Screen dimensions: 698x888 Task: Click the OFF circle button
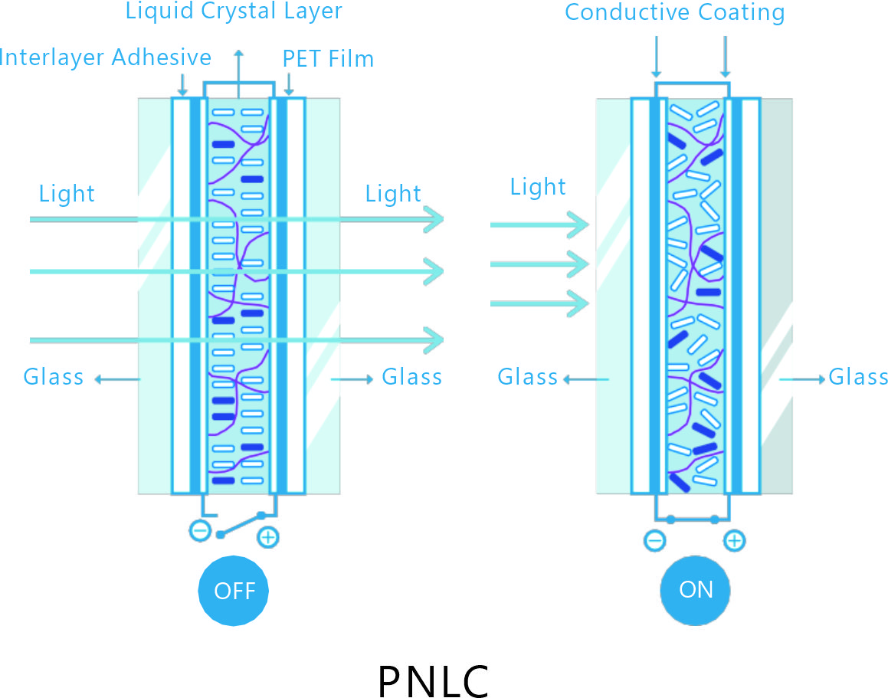(234, 590)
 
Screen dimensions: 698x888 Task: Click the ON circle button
(696, 589)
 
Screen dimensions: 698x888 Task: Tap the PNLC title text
(434, 680)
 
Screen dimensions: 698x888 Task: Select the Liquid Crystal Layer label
(234, 11)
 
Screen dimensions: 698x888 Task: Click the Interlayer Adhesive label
(106, 57)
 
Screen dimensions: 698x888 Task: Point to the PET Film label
(328, 59)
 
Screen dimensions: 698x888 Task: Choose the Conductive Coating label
(675, 13)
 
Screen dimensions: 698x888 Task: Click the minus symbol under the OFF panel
(200, 530)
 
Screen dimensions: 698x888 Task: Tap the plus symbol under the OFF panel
(267, 537)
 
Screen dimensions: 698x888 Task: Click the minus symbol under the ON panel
(655, 541)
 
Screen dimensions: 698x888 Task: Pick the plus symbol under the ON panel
(734, 541)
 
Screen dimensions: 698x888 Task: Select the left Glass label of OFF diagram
(54, 377)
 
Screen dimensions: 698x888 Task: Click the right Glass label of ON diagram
(858, 377)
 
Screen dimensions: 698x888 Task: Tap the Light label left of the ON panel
(538, 187)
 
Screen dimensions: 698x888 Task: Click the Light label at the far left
(67, 194)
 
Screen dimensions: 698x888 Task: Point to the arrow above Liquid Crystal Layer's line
(238, 54)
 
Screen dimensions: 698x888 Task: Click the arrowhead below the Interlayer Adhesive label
(182, 91)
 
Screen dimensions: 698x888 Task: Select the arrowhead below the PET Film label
(290, 91)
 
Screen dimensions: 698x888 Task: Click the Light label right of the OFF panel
(393, 194)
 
